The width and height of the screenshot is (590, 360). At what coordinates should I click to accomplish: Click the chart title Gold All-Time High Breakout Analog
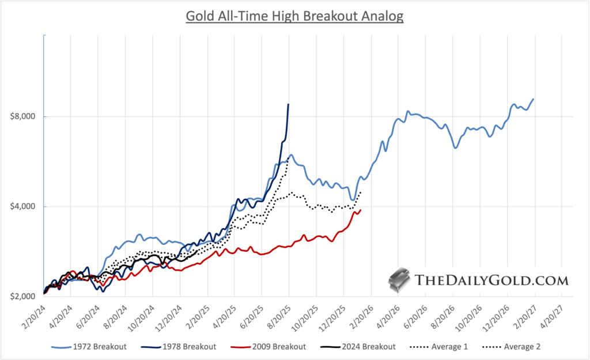pos(294,16)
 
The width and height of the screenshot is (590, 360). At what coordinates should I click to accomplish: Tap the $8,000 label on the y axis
pos(24,116)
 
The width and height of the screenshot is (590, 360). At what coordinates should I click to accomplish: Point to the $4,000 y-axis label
pos(24,206)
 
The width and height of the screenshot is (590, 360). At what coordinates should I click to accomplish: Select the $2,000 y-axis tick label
pos(24,296)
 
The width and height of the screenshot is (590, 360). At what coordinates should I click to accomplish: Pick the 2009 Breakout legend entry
pos(277,347)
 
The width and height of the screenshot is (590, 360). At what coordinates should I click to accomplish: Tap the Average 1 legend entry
pos(450,347)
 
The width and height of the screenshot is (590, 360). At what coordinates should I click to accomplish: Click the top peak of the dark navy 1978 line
pos(288,104)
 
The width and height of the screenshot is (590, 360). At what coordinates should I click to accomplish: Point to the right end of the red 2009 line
pos(361,210)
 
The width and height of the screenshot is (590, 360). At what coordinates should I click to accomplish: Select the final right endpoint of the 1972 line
pos(534,98)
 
